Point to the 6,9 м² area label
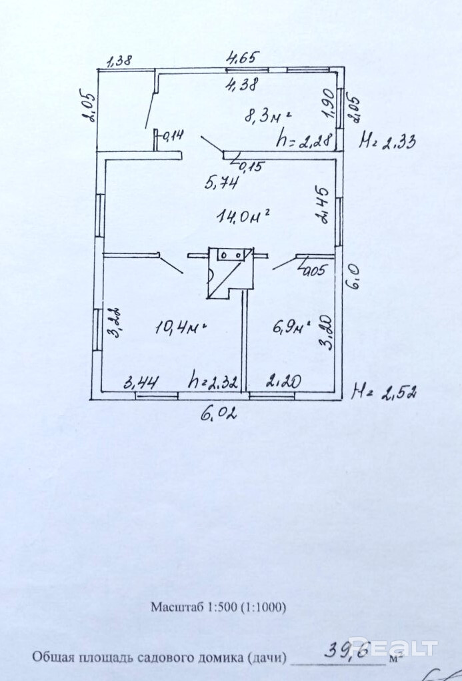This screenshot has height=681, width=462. tap(293, 327)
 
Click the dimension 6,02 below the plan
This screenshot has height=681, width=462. tap(219, 414)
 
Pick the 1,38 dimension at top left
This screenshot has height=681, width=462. tap(119, 60)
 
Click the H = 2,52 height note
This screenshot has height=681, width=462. tap(385, 392)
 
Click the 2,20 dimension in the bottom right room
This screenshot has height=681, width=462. tap(283, 382)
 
